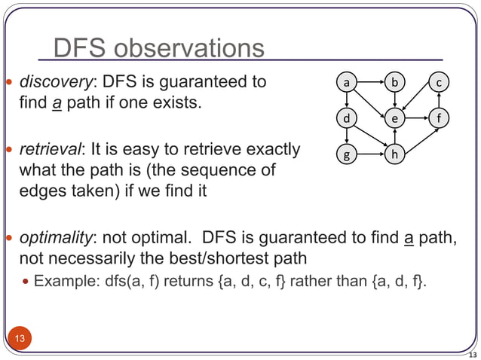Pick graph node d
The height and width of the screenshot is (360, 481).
pos(346,118)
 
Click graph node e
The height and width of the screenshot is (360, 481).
pos(394,118)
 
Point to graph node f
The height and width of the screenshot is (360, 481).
pos(440,118)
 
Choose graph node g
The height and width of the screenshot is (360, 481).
pos(346,155)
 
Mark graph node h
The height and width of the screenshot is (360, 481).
pos(394,155)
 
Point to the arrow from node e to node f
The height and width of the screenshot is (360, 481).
pos(417,118)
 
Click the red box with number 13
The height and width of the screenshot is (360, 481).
pos(20,338)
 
